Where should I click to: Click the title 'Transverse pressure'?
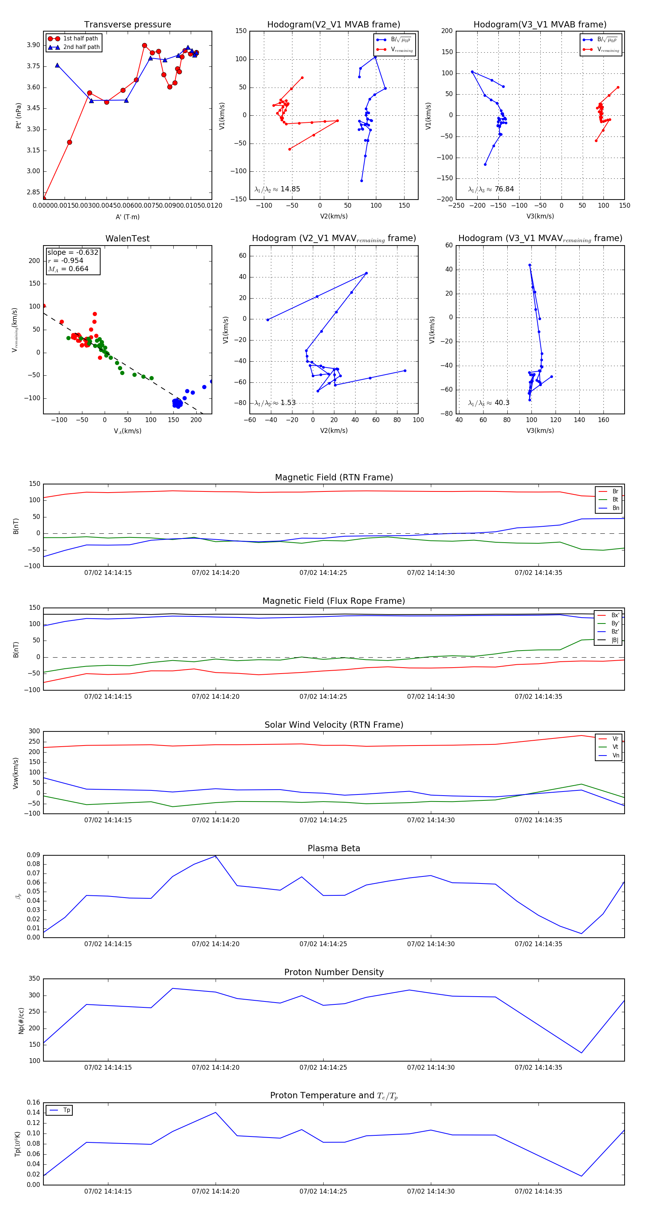[127, 25]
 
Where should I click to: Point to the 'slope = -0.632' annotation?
[73, 252]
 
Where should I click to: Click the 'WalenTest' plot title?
[127, 238]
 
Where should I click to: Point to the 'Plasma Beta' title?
[334, 848]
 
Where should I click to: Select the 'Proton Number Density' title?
[334, 972]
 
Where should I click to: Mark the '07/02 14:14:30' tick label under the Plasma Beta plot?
[431, 944]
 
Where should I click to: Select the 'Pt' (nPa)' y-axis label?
[19, 115]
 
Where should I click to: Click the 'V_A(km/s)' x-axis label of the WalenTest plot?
[127, 431]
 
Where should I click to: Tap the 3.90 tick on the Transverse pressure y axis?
[33, 45]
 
